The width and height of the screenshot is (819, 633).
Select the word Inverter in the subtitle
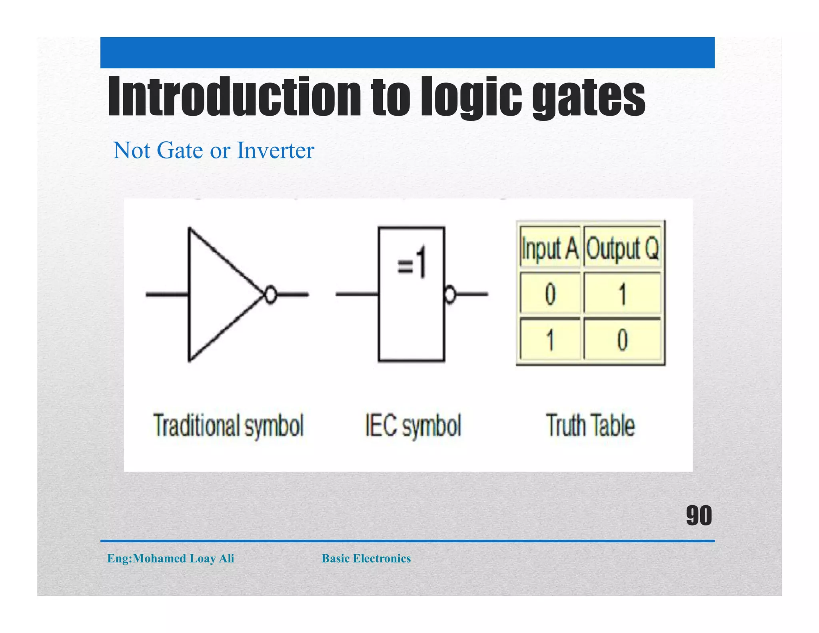pos(276,150)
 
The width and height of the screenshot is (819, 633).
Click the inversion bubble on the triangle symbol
pos(271,295)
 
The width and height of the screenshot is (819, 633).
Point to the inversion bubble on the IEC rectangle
pos(450,295)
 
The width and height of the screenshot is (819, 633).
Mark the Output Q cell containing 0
pos(622,340)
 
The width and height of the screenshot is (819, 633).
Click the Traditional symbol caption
pos(229,425)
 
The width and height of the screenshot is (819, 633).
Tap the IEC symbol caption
pos(413,425)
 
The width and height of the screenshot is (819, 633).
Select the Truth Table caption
pos(590,425)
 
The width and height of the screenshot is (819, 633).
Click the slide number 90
pos(699,515)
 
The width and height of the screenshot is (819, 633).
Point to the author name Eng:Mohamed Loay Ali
pos(171,558)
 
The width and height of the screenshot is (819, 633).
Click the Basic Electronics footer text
pos(366,558)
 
